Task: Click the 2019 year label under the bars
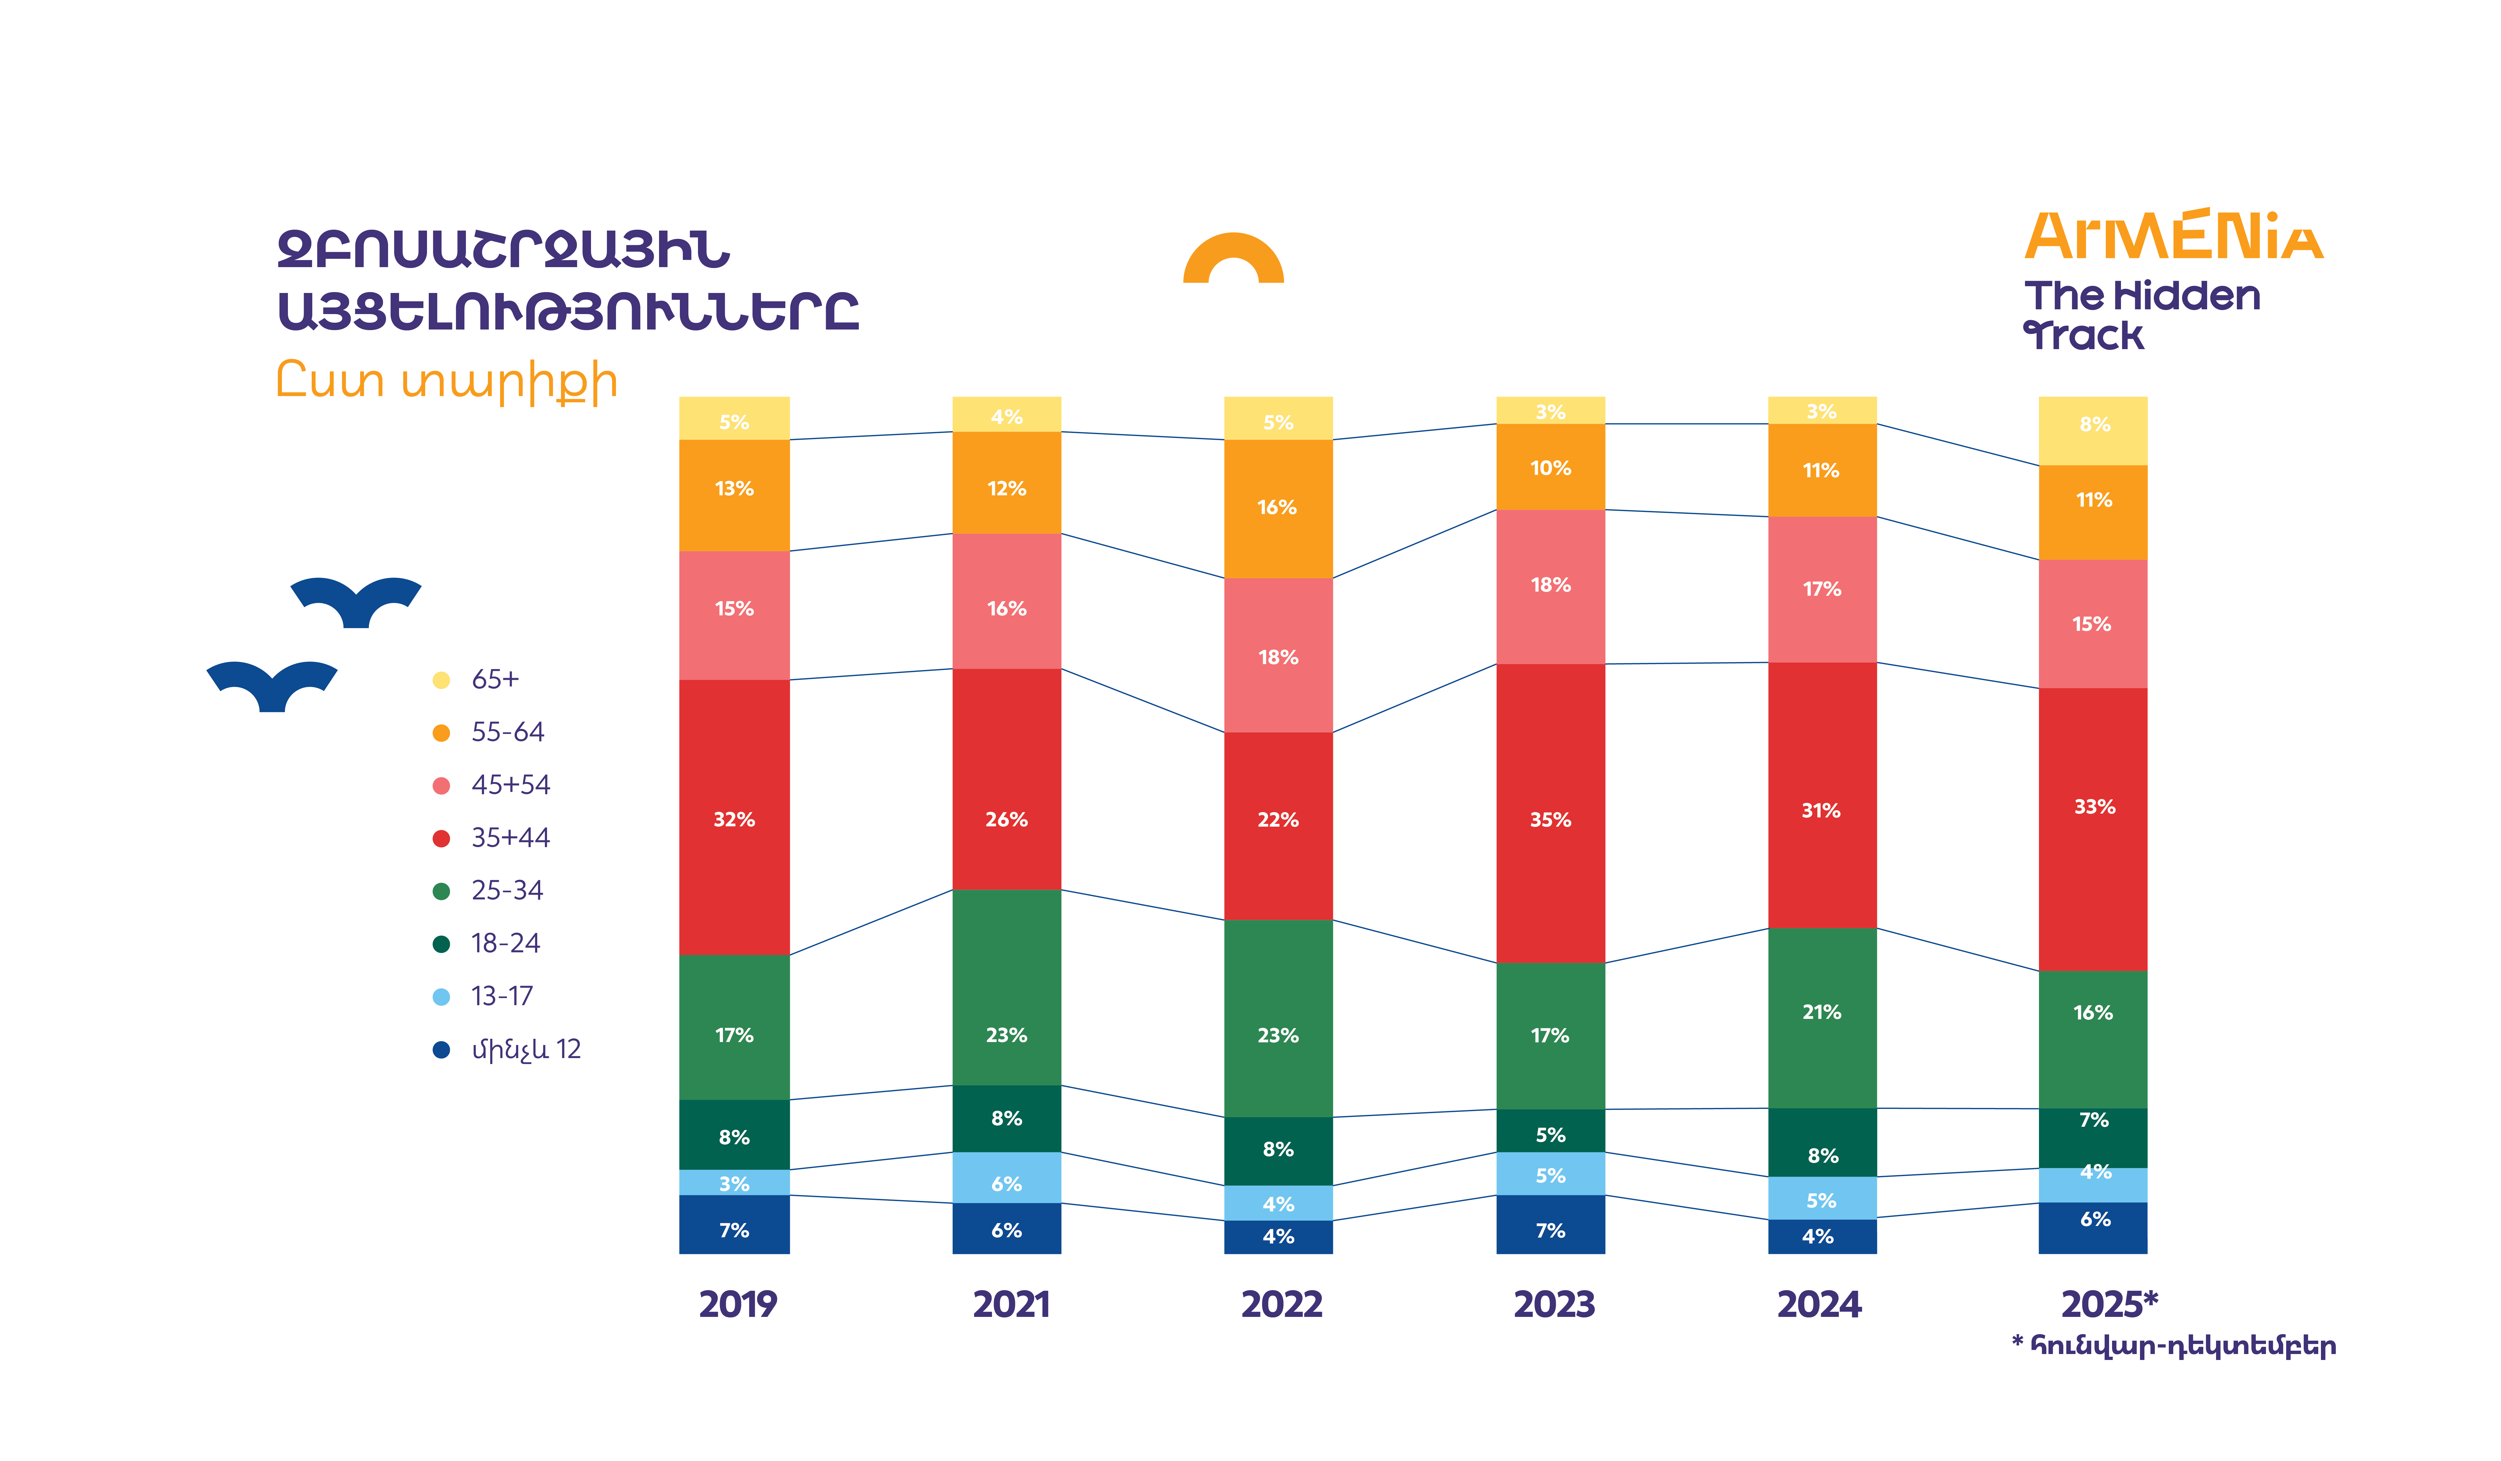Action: pos(737,1304)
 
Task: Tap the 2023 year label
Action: pos(1553,1304)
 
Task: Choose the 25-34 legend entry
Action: pos(506,890)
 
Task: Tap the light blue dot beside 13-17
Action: pos(442,997)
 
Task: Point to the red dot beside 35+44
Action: pos(442,839)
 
